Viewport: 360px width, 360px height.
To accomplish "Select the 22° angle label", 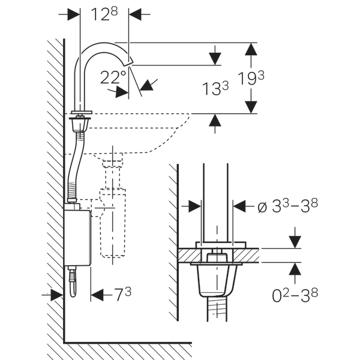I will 113,77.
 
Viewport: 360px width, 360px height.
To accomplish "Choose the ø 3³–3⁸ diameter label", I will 287,206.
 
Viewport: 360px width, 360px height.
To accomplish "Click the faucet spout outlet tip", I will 131,62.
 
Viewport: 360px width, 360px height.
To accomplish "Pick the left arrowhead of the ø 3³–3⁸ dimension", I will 196,206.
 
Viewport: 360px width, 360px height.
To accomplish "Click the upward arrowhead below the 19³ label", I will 251,106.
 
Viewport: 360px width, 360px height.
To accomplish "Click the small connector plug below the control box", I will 73,282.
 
